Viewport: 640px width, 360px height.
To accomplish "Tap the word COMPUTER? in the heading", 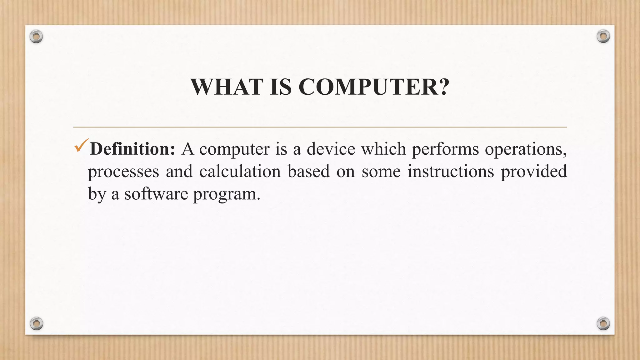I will pos(374,87).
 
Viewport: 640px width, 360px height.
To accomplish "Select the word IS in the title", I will pos(281,87).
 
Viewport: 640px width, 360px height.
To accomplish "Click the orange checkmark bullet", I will pos(82,145).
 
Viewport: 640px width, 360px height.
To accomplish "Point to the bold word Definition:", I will pos(132,149).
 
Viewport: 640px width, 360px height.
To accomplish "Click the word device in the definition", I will pos(331,149).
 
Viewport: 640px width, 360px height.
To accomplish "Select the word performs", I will pos(445,149).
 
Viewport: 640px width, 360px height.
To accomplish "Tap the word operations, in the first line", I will pos(526,149).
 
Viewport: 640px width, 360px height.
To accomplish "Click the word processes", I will pos(123,172).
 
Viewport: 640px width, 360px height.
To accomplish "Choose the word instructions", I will pos(450,172).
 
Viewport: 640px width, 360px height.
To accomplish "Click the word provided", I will pos(534,172).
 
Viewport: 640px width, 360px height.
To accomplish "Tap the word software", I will pos(156,194).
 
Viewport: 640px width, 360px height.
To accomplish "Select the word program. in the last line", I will pos(227,195).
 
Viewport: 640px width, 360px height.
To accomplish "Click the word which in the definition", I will pos(383,149).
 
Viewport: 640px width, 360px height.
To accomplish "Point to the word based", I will pos(308,172).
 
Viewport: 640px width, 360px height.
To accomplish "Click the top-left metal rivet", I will pos(36,37).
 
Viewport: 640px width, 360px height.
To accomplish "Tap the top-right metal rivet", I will pos(603,37).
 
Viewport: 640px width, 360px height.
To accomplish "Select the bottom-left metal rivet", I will pos(36,323).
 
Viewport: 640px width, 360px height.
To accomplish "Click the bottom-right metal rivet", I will pos(603,323).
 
